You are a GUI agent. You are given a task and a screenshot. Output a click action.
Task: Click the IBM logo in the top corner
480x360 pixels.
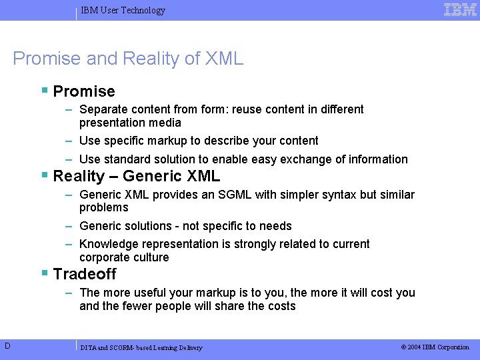[x=460, y=9]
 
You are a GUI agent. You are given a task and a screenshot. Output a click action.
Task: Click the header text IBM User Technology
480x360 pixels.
[x=123, y=10]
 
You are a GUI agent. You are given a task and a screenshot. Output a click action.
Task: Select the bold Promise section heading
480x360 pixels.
[x=84, y=91]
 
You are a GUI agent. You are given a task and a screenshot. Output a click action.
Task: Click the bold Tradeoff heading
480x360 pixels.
[x=85, y=274]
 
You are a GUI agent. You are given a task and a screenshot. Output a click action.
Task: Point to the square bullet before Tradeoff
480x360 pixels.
[x=44, y=273]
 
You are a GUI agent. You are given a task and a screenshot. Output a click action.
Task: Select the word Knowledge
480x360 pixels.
[x=108, y=244]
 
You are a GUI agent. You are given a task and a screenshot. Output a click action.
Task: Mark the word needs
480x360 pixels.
[x=277, y=226]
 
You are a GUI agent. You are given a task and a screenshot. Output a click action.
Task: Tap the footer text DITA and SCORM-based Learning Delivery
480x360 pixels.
[x=141, y=347]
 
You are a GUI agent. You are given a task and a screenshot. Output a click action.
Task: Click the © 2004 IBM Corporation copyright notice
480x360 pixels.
[x=435, y=347]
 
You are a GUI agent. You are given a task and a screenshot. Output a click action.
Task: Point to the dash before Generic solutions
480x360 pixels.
[x=69, y=226]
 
